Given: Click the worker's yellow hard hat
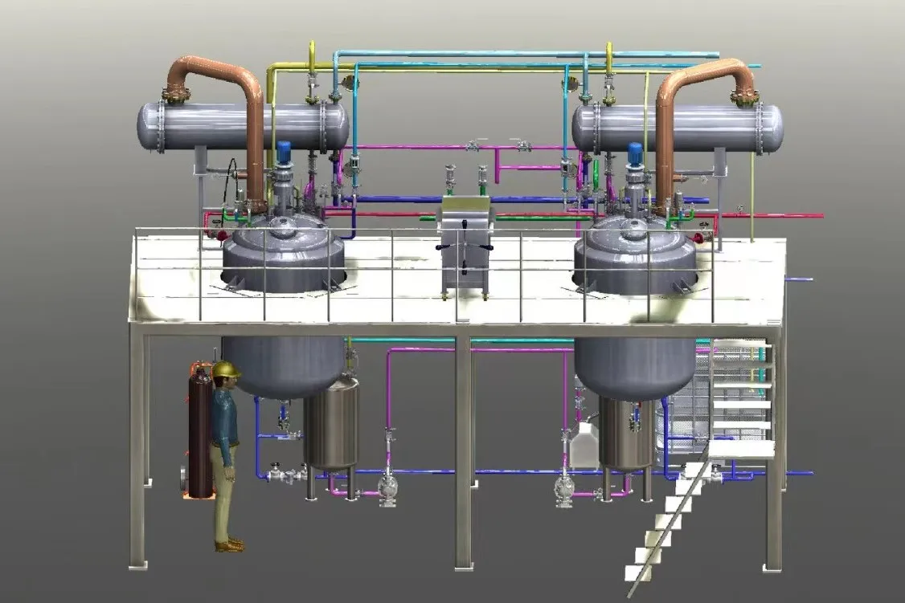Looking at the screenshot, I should click(x=227, y=369).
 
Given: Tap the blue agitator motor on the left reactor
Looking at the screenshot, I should click(x=283, y=151).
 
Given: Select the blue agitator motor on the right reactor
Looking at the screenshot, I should click(x=635, y=152).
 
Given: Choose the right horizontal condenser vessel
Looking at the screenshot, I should click(x=679, y=128).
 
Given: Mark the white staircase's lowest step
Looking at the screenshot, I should click(x=639, y=572).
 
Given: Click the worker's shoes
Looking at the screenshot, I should click(x=229, y=545).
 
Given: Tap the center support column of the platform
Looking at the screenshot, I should click(x=463, y=450).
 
